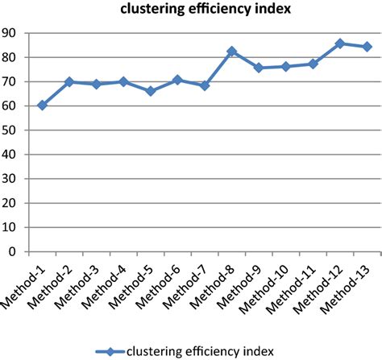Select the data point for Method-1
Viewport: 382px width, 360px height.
[42, 105]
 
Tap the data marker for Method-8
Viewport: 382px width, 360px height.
[232, 52]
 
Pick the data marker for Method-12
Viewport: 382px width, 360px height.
[340, 43]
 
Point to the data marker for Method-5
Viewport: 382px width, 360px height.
[150, 91]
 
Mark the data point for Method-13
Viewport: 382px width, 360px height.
[367, 47]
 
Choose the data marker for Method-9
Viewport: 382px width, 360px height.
[259, 68]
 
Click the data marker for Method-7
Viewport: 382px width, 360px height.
[205, 85]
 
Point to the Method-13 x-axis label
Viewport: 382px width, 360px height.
[348, 284]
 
